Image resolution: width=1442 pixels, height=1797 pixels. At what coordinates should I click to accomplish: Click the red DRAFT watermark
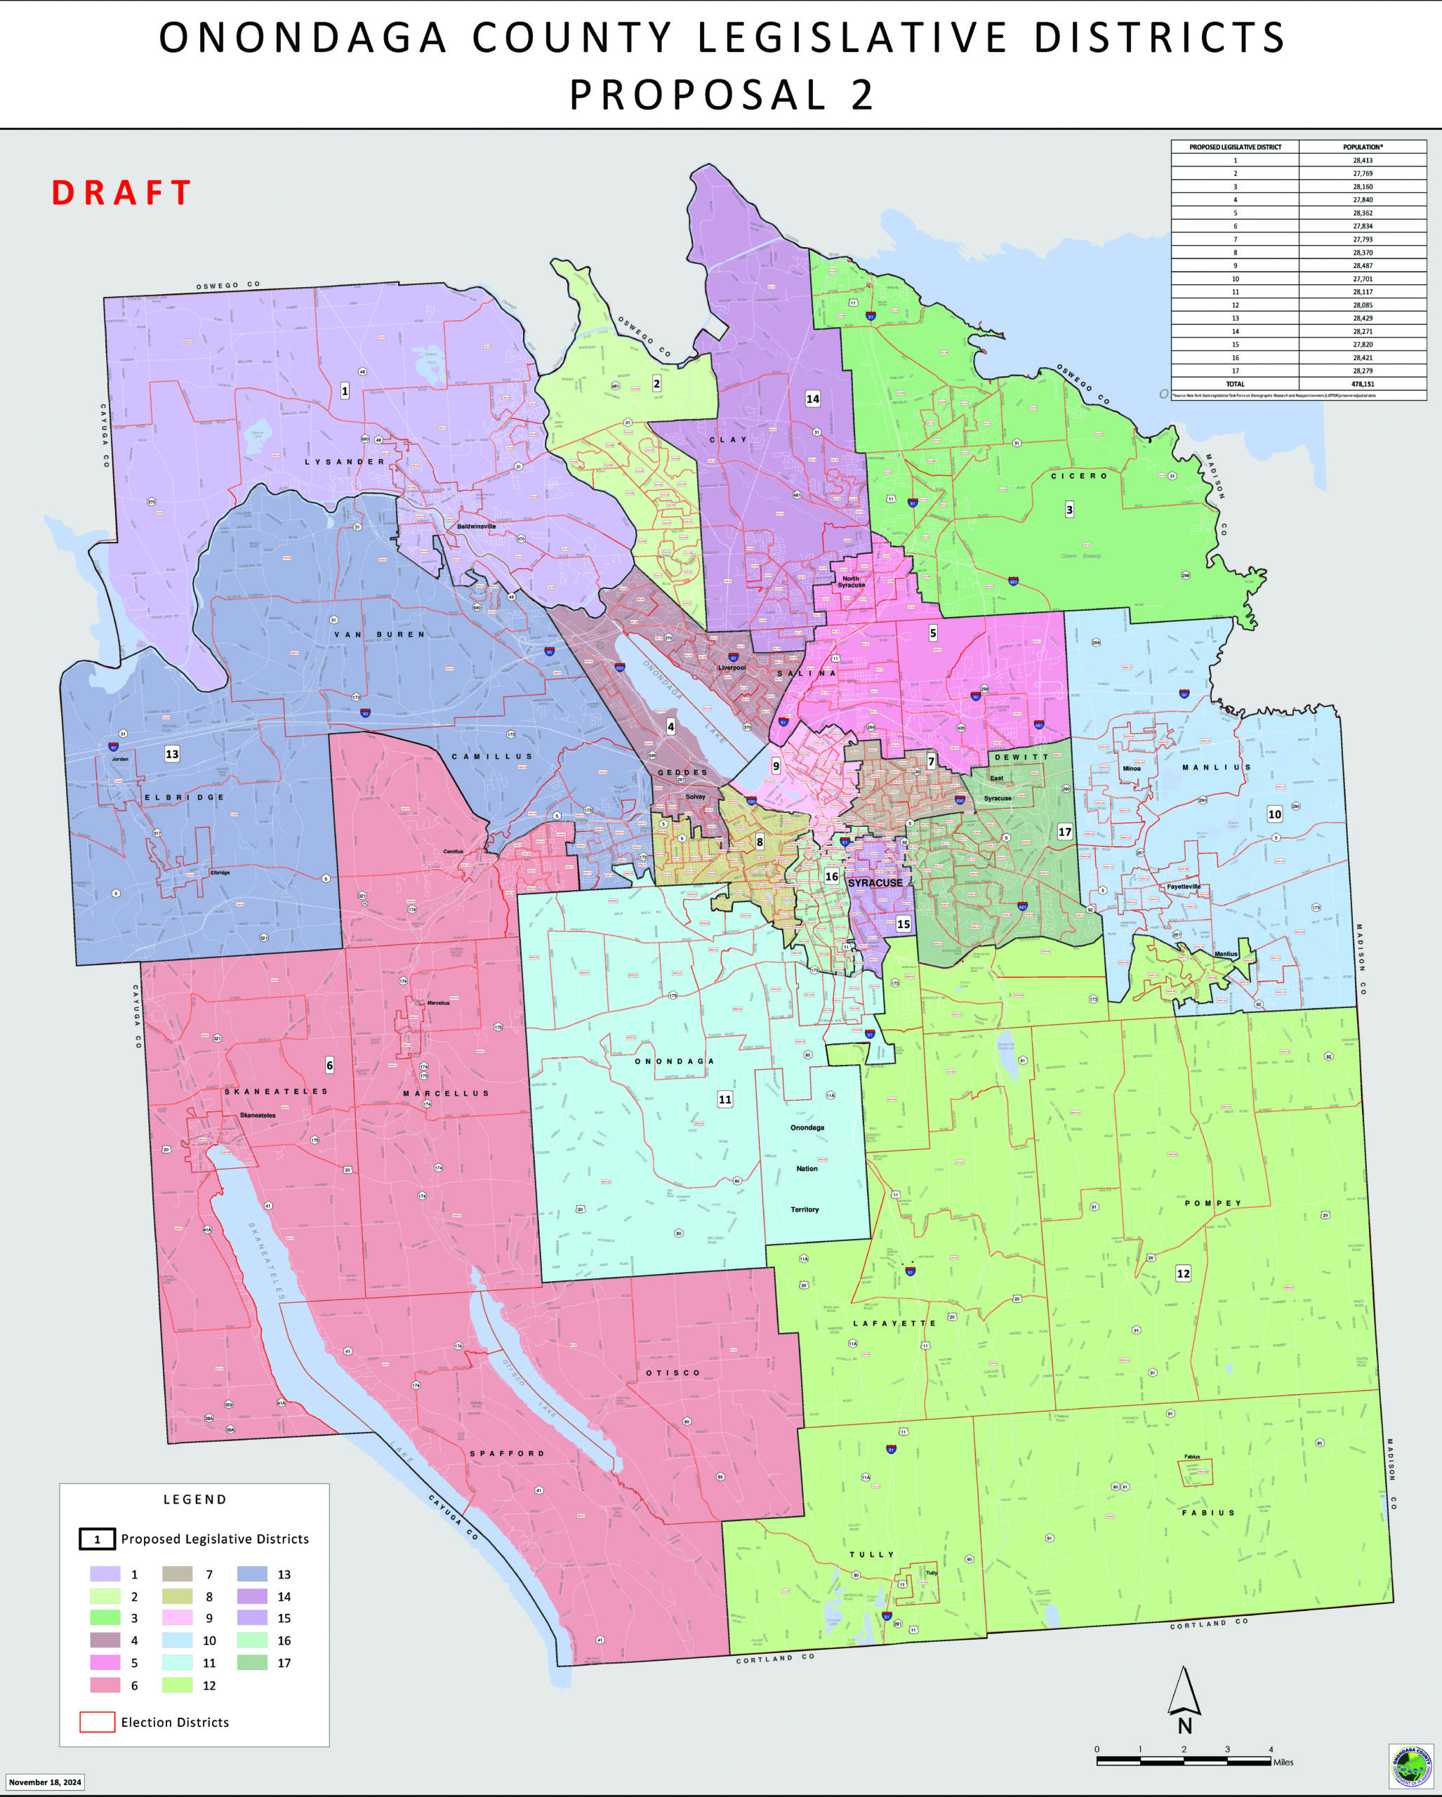click(x=121, y=192)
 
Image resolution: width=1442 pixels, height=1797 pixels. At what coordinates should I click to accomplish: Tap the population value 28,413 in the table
click(x=1362, y=160)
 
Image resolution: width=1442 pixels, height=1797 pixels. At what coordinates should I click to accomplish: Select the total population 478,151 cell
click(x=1363, y=384)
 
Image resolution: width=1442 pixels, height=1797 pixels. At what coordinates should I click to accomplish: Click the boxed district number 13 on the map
click(x=172, y=755)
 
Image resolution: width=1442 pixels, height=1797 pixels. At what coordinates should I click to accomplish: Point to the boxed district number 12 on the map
click(x=1183, y=1273)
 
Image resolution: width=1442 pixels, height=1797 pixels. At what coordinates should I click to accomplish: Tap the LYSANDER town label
click(x=344, y=462)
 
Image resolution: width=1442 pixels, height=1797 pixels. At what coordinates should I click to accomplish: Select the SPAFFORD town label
click(x=507, y=1454)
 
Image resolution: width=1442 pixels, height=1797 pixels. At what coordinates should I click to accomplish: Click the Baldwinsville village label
click(x=476, y=526)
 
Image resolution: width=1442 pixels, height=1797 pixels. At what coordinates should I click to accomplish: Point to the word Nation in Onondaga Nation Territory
click(x=806, y=1169)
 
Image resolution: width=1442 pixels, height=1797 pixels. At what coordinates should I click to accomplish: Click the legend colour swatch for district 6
click(x=105, y=1685)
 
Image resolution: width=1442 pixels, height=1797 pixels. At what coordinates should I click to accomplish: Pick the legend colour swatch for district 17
click(x=253, y=1663)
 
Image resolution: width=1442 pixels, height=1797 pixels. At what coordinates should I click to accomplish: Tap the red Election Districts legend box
click(x=97, y=1722)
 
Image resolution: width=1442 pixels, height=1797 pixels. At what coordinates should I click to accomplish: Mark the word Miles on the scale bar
click(x=1283, y=1763)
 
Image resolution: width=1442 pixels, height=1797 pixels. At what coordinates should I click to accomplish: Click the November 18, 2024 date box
click(x=46, y=1783)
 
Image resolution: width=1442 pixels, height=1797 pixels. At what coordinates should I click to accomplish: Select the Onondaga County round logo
click(x=1410, y=1765)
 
